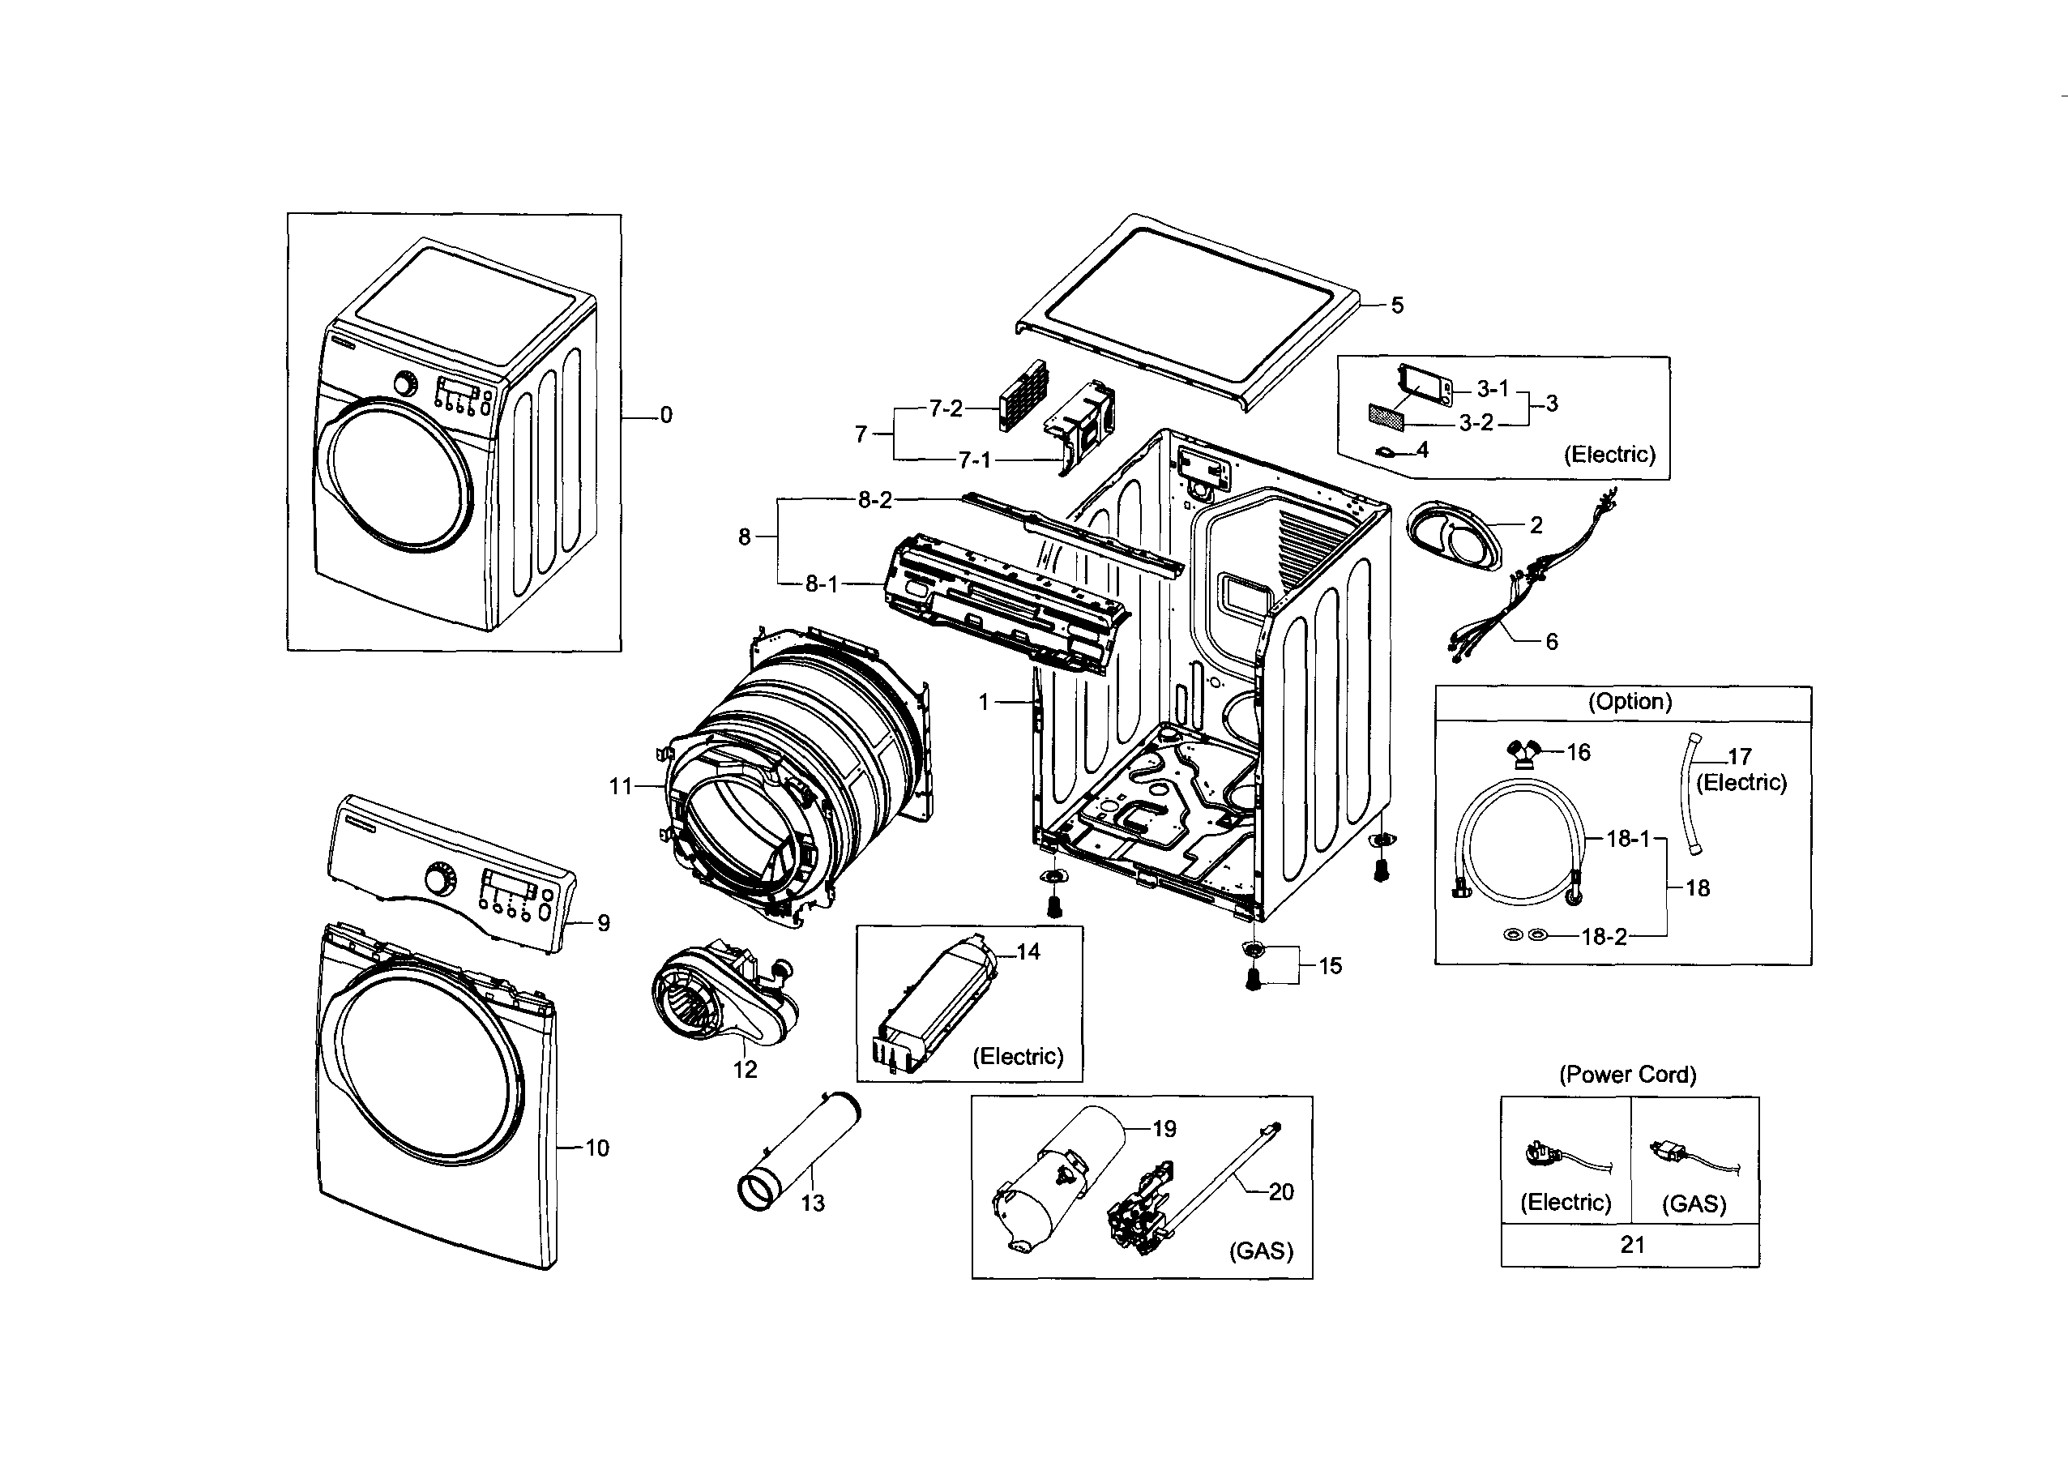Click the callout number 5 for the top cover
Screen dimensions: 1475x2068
coord(1397,306)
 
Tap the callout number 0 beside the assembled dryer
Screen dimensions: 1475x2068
coord(666,416)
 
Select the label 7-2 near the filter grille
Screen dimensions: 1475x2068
coord(946,409)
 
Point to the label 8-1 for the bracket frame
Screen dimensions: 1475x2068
coord(822,585)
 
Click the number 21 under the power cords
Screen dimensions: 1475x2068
coord(1632,1245)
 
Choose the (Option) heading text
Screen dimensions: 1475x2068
coord(1630,702)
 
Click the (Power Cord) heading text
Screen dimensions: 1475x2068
coord(1627,1075)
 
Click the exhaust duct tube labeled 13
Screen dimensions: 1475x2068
coord(797,1152)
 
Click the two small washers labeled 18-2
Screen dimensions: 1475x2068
coord(1525,934)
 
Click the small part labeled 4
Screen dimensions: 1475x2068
coord(1386,451)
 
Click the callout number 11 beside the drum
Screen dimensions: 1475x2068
coord(620,787)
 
